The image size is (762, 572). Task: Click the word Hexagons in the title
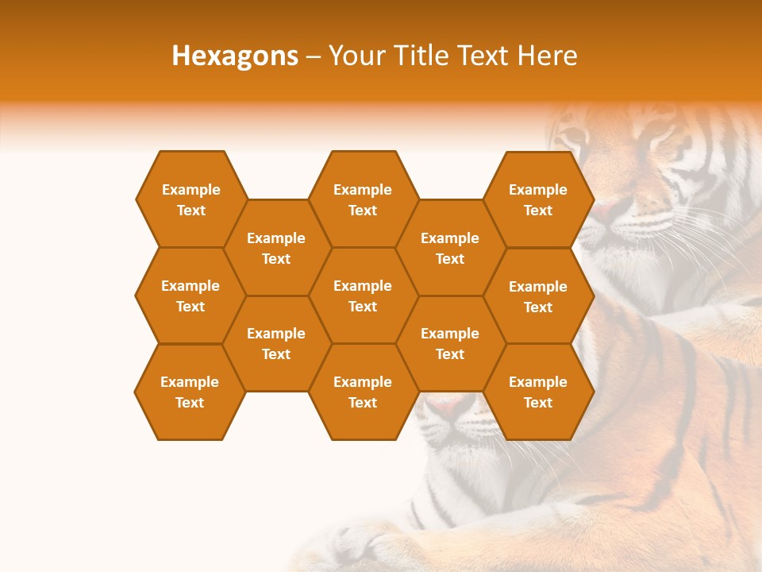[x=235, y=56]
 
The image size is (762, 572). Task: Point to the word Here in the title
[x=547, y=56]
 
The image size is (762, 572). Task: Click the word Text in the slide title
[x=484, y=56]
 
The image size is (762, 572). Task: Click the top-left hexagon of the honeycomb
[x=190, y=199]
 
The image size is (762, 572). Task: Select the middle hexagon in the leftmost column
[x=190, y=296]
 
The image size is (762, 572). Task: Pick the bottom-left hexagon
[x=190, y=392]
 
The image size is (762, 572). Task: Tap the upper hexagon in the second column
[x=276, y=248]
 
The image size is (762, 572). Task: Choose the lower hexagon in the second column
[x=276, y=343]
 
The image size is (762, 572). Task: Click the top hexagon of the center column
[x=363, y=199]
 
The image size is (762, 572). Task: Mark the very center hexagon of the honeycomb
[x=363, y=296]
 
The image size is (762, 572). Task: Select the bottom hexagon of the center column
[x=363, y=392]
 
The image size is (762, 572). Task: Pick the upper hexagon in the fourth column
[x=450, y=248]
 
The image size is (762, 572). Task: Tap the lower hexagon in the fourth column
[x=450, y=343]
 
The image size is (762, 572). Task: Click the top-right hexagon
[x=538, y=199]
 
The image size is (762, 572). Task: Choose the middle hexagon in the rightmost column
[x=538, y=296]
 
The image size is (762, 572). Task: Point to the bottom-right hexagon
[x=538, y=392]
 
